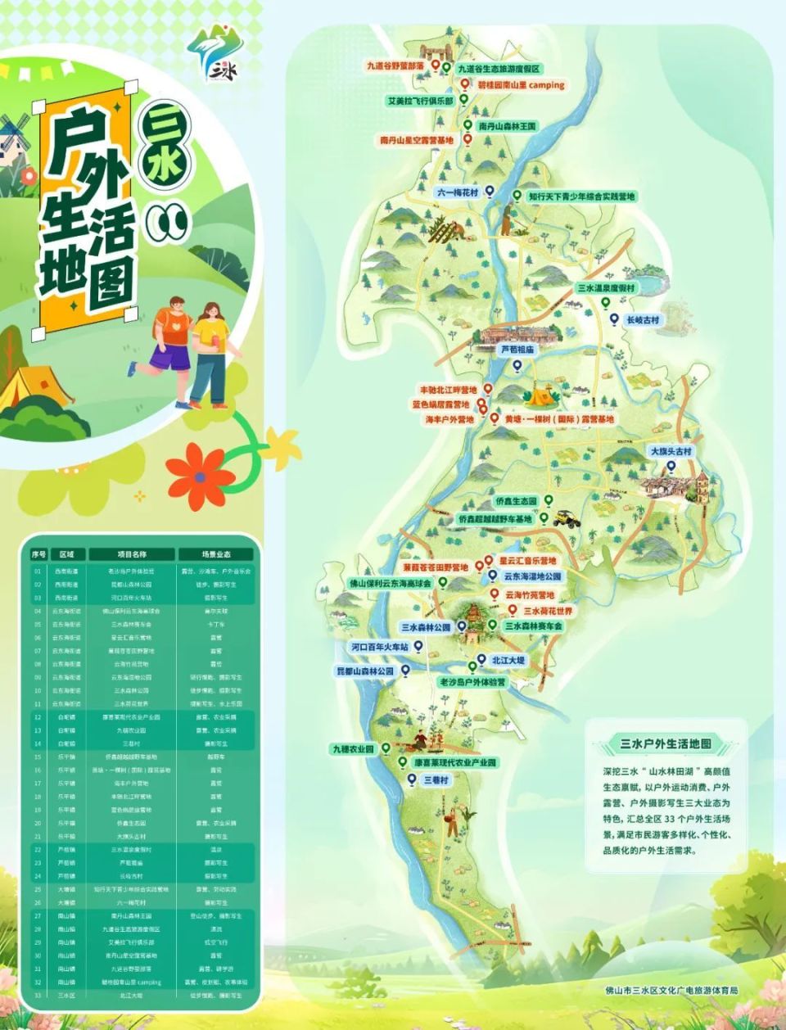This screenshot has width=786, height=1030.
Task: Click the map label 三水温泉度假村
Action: pos(606,288)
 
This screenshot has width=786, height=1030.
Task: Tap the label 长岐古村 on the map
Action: pos(643,320)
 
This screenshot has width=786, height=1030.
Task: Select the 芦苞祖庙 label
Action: pos(517,349)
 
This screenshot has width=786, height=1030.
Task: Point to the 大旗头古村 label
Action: pos(671,451)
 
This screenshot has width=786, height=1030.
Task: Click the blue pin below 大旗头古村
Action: pos(671,467)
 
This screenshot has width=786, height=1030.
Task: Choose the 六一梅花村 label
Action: pos(457,192)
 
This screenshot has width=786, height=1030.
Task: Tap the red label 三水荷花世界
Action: pos(549,611)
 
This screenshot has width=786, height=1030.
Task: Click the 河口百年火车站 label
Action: pos(380,647)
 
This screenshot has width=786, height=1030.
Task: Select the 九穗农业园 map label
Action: pos(352,749)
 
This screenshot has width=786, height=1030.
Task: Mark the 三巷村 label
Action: pos(436,780)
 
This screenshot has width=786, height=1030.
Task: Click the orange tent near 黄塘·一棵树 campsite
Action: pos(538,398)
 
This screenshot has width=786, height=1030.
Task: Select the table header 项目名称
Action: pos(131,554)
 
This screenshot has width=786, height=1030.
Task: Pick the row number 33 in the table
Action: pos(38,996)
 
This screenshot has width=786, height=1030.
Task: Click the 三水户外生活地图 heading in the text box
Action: pos(665,743)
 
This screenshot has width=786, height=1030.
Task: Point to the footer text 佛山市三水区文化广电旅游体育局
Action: pos(671,990)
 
